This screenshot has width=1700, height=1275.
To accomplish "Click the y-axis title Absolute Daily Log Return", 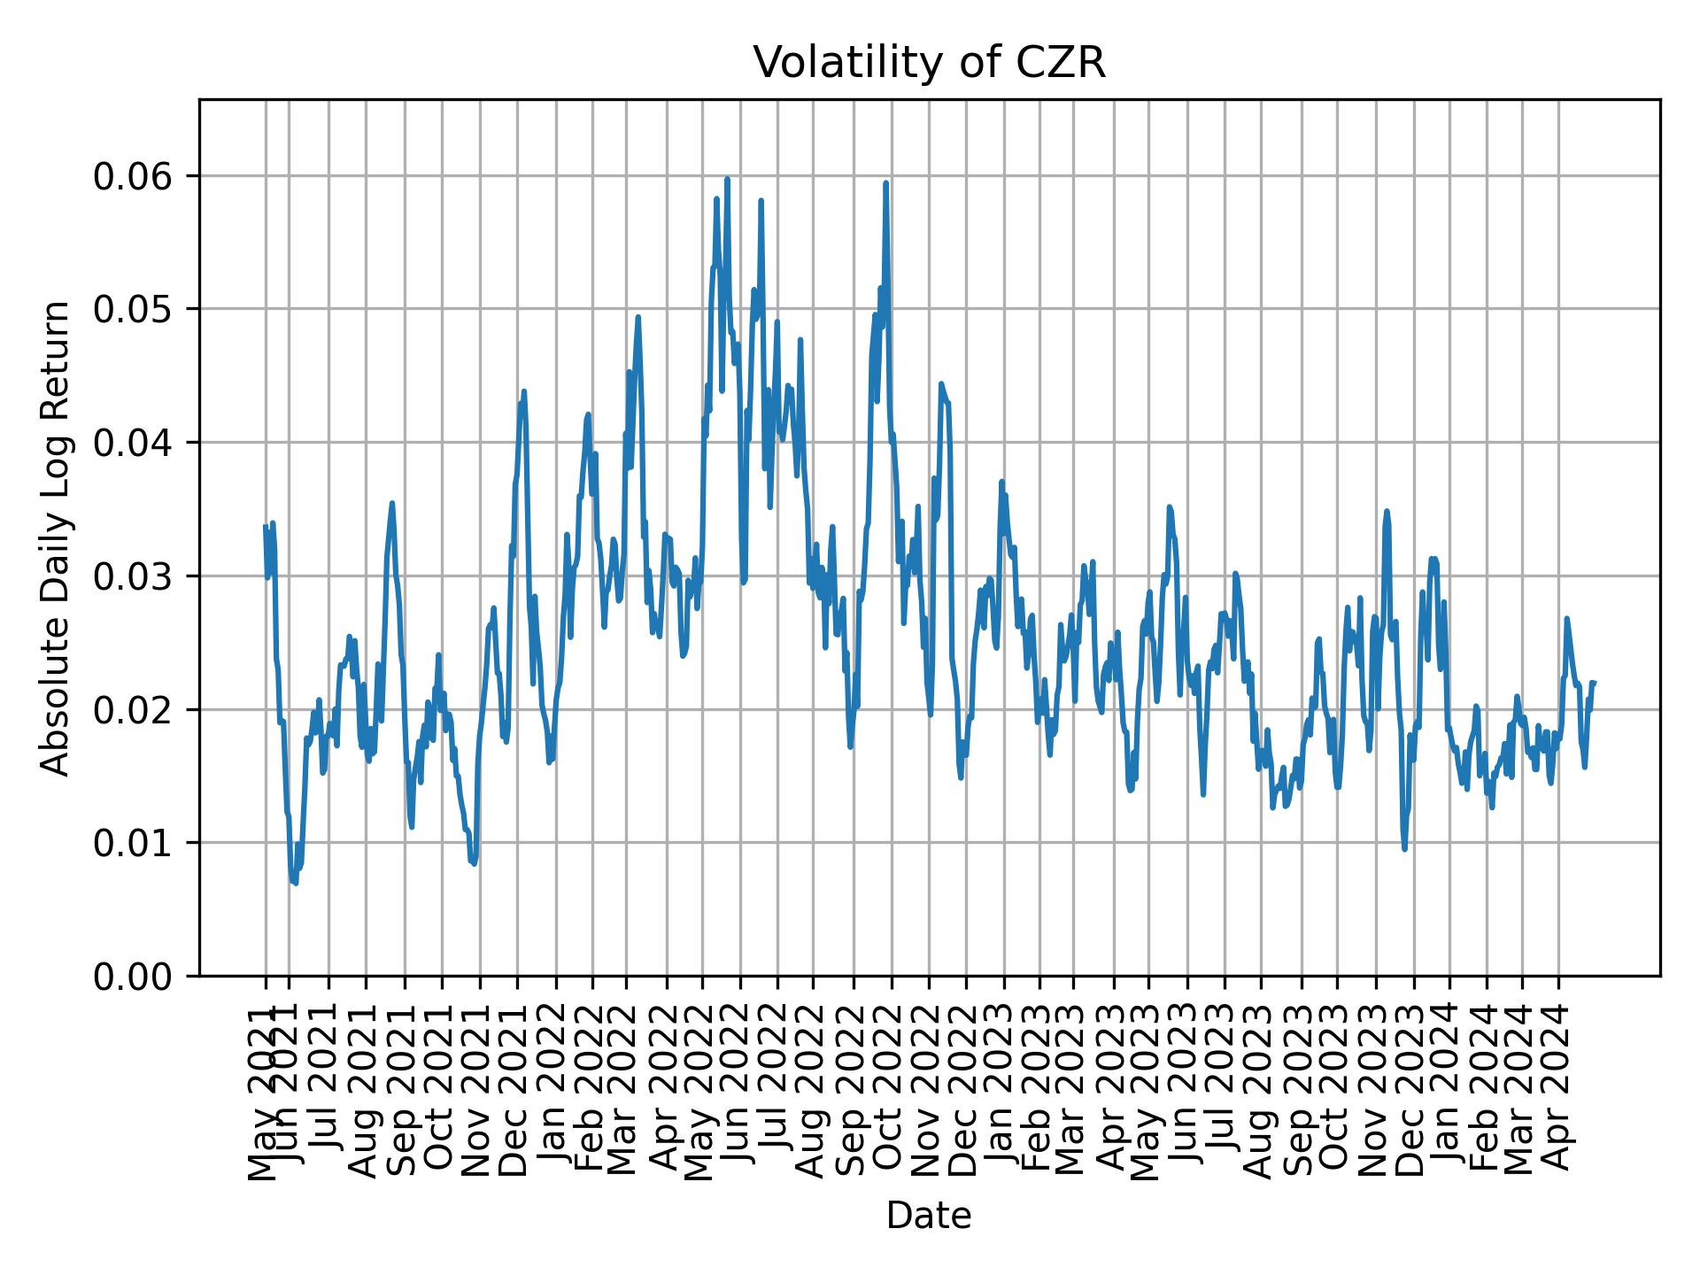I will click(57, 537).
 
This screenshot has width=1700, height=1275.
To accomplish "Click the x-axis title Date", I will click(929, 1216).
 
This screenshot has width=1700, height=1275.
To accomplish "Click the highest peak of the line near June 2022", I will click(727, 179).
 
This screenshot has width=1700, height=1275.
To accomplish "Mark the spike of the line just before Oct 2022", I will click(885, 183).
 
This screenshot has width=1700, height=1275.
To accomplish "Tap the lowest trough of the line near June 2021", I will click(295, 883).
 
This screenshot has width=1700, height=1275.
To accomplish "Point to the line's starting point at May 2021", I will click(265, 526).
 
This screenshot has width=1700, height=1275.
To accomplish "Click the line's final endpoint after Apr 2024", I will click(1594, 682).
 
